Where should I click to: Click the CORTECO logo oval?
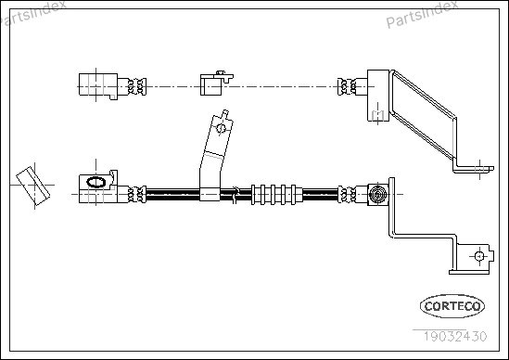click(452, 306)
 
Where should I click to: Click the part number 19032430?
click(455, 336)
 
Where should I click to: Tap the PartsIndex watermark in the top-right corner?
click(422, 14)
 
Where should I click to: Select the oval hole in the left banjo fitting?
click(95, 182)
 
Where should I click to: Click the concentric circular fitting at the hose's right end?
click(377, 195)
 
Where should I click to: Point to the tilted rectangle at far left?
click(33, 186)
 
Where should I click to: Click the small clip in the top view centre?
click(216, 84)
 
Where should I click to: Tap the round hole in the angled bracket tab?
click(222, 128)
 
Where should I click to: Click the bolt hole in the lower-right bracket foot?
click(479, 256)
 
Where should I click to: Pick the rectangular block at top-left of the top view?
click(98, 84)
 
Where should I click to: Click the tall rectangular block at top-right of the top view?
click(378, 96)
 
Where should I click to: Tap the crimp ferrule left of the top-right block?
click(347, 86)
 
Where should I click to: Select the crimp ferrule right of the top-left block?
click(137, 86)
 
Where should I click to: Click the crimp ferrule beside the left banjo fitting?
click(137, 194)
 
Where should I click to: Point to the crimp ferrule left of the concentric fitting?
click(347, 195)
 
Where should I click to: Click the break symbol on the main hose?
click(236, 195)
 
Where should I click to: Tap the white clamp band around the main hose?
click(210, 194)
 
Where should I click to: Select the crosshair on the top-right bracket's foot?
click(479, 169)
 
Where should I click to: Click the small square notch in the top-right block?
click(377, 115)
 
